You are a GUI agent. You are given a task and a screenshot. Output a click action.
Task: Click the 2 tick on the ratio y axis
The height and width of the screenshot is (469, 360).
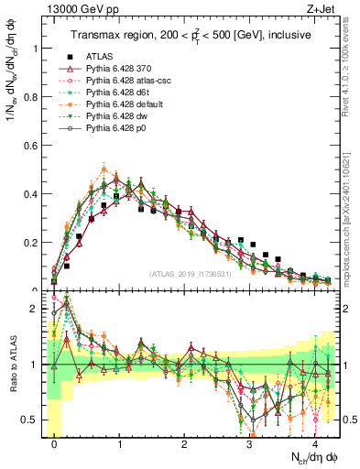(x=37, y=310)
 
